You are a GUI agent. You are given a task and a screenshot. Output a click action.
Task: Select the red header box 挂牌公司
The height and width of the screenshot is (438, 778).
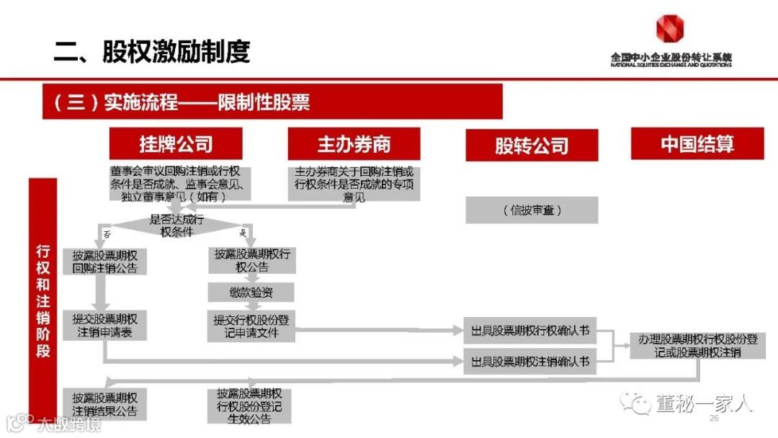(x=176, y=143)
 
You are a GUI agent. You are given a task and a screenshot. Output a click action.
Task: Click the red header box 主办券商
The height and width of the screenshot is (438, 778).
(x=354, y=144)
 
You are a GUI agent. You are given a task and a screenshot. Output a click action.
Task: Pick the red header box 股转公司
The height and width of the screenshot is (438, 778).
(x=532, y=146)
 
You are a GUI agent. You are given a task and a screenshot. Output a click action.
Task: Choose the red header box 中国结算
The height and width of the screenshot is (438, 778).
(x=697, y=143)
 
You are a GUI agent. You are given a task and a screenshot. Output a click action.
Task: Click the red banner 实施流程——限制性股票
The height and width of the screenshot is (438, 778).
(x=272, y=102)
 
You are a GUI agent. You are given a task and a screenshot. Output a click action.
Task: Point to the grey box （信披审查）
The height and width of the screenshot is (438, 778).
(x=532, y=210)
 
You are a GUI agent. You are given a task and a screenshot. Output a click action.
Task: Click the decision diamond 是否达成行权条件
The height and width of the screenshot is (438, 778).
(x=176, y=225)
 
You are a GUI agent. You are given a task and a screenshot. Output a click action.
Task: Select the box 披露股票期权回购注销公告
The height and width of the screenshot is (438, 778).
(x=104, y=262)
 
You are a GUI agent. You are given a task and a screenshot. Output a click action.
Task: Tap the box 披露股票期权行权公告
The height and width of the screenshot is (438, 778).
(x=252, y=260)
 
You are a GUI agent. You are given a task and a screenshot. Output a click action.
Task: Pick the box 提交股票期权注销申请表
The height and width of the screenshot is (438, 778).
(x=104, y=326)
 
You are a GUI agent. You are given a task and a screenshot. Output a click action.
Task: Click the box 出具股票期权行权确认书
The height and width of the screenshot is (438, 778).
(x=530, y=331)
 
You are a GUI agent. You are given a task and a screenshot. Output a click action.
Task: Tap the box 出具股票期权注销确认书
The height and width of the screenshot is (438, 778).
(x=530, y=361)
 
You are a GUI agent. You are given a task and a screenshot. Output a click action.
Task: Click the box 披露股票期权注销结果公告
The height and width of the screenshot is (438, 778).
(x=104, y=405)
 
